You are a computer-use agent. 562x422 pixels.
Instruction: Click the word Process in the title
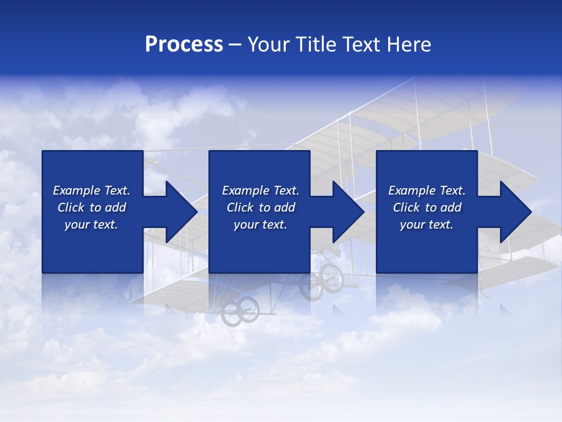point(184,45)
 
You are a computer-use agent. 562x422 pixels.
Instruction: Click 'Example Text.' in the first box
point(91,190)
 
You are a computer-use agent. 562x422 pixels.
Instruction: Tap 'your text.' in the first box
point(91,224)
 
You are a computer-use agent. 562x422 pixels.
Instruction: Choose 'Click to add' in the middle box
point(261,207)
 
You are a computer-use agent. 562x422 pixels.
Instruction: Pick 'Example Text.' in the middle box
point(261,190)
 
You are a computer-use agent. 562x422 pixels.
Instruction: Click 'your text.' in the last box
point(427,224)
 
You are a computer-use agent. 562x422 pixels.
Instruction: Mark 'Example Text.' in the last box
point(427,190)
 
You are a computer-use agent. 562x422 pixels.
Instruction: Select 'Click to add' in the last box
point(427,207)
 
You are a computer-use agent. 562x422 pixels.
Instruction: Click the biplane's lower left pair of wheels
point(241,310)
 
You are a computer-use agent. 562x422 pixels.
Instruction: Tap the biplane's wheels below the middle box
point(321,280)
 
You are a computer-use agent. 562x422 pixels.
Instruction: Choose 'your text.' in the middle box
point(261,224)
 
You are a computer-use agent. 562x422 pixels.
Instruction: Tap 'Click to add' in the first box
point(91,207)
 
